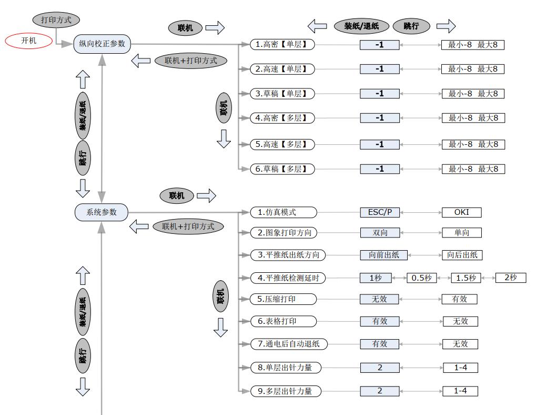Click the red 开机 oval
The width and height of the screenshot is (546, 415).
[29, 41]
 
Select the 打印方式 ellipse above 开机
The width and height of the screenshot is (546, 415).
[56, 20]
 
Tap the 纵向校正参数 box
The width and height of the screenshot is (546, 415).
[102, 44]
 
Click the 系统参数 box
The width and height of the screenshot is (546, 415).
[102, 212]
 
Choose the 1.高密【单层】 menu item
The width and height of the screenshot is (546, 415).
[281, 45]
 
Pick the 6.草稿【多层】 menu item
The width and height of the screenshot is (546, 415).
[281, 169]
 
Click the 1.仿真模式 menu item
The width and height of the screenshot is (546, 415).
[284, 212]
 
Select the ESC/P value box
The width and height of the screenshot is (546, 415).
[379, 212]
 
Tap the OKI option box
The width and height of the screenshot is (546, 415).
[461, 212]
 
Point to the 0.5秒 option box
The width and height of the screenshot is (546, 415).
[421, 278]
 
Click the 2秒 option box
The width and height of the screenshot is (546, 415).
[510, 278]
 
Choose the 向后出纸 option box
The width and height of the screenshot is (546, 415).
[462, 255]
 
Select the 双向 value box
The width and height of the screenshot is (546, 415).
[379, 232]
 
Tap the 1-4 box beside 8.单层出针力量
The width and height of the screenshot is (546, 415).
[460, 368]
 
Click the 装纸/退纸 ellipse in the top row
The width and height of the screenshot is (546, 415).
[361, 26]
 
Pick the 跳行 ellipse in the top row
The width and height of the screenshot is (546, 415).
[411, 26]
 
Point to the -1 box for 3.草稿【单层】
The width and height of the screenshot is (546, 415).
[379, 94]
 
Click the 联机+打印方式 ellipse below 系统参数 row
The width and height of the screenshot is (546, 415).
[188, 226]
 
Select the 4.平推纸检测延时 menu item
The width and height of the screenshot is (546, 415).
[288, 278]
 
